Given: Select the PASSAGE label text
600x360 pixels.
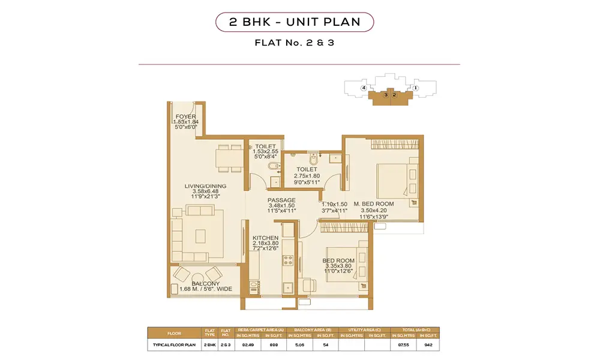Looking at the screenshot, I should click(x=281, y=200).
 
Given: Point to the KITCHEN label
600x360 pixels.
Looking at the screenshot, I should click(x=265, y=238).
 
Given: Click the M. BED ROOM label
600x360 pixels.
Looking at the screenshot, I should click(x=374, y=204).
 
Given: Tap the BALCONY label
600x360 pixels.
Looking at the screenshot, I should click(x=206, y=283).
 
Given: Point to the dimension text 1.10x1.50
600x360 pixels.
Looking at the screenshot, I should click(x=334, y=204).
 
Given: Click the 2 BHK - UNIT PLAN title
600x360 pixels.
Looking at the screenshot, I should click(x=295, y=23).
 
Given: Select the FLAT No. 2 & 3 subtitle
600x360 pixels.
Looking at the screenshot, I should click(x=295, y=43).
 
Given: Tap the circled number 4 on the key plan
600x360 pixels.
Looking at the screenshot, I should click(x=364, y=88).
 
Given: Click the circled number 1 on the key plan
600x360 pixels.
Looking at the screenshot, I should click(x=415, y=88).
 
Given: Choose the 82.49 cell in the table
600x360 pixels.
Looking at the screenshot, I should click(x=247, y=345).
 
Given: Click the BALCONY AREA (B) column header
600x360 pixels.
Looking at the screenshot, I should click(x=311, y=330).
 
